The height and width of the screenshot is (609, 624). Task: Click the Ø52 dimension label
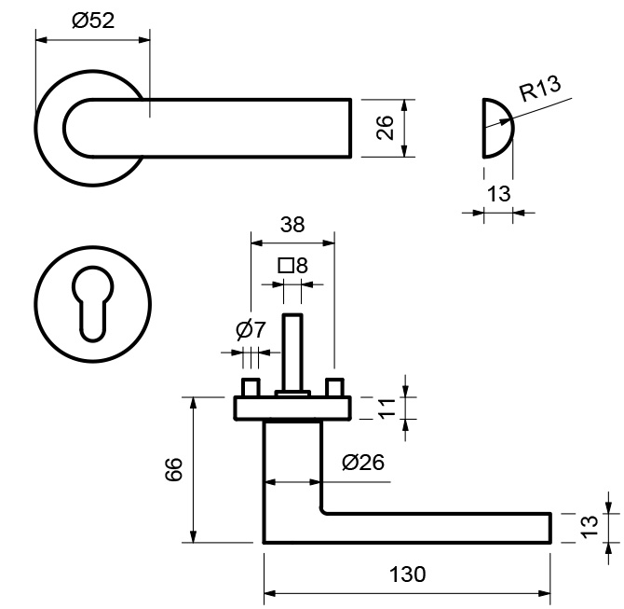[x=93, y=21]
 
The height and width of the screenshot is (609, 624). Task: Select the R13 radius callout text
[x=540, y=89]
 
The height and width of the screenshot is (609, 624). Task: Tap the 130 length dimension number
[x=408, y=574]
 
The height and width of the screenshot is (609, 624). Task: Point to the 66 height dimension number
[x=173, y=469]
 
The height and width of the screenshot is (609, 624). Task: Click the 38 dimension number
[x=292, y=225]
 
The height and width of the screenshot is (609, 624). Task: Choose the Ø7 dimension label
[x=251, y=329]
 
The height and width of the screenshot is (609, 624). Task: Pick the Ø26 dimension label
[x=363, y=463]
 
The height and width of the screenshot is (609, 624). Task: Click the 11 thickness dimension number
[x=387, y=408]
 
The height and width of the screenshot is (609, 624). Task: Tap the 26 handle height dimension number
[x=385, y=128]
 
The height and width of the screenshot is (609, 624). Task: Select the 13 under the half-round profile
[x=498, y=194]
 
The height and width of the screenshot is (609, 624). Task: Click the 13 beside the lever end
[x=590, y=527]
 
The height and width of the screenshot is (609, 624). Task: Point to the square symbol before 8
[x=286, y=266]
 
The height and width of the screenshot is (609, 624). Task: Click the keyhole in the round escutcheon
[x=92, y=304]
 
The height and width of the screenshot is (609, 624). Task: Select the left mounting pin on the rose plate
[x=251, y=387]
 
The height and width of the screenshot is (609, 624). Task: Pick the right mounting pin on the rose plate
[x=334, y=387]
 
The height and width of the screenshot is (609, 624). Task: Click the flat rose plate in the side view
[x=292, y=408]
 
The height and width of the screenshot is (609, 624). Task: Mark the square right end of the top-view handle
[x=350, y=128]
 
